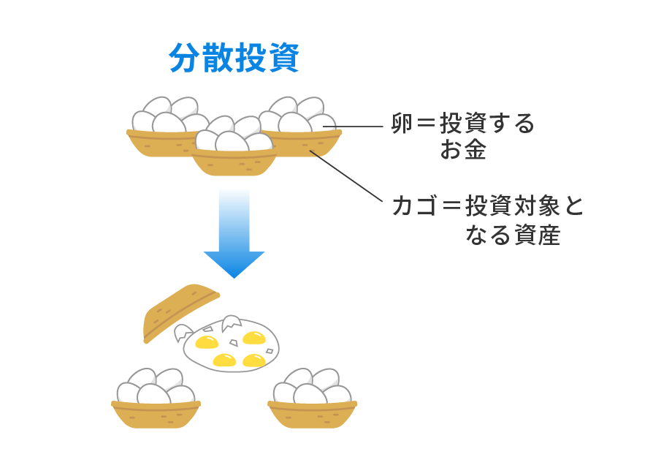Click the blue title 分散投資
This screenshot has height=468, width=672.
pos(234,58)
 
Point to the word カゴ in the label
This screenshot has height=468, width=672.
pos(414,207)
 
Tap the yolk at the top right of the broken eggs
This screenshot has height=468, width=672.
pos(253,338)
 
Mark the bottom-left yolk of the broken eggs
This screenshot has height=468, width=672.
pos(224,360)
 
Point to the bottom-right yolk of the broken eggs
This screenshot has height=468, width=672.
pos(254,360)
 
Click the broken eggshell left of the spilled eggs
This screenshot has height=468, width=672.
pos(183,333)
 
